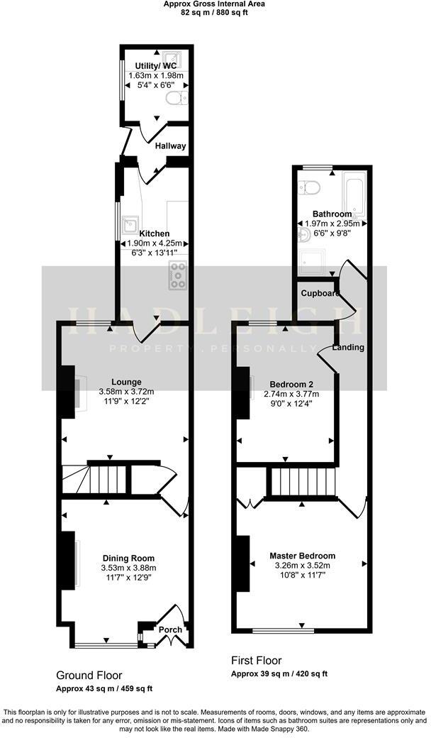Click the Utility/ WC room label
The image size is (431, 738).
pyautogui.click(x=155, y=65)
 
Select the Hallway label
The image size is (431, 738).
pyautogui.click(x=170, y=146)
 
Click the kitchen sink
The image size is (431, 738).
pyautogui.click(x=129, y=225)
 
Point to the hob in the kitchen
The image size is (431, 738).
pyautogui.click(x=177, y=275)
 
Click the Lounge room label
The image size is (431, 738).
pyautogui.click(x=125, y=382)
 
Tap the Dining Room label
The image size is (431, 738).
pyautogui.click(x=128, y=558)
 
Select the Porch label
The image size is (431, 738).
pyautogui.click(x=170, y=629)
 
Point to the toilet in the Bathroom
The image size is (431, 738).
pyautogui.click(x=309, y=187)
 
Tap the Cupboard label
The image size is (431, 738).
pyautogui.click(x=318, y=293)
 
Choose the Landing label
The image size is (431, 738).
pyautogui.click(x=349, y=348)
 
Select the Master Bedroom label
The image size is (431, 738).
pyautogui.click(x=302, y=556)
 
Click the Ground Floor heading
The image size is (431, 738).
pyautogui.click(x=89, y=675)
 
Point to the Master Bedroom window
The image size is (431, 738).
pyautogui.click(x=283, y=629)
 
